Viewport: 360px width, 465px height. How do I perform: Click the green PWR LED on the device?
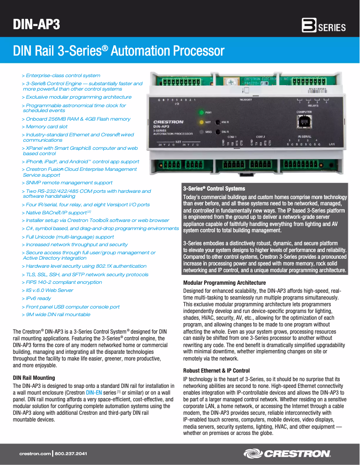[202, 112]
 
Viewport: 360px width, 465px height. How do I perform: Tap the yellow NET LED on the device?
[202, 122]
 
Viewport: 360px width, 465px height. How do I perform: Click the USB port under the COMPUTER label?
[304, 121]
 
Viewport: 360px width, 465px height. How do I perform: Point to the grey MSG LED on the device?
[202, 132]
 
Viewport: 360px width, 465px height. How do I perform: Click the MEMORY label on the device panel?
[246, 100]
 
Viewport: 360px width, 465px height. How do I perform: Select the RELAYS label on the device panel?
[313, 106]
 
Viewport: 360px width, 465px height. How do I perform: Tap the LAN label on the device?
[332, 144]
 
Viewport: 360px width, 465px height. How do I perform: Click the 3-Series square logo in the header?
[309, 26]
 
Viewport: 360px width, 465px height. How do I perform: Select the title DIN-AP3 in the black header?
[36, 24]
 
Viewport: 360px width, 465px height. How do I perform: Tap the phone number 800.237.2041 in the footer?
[71, 454]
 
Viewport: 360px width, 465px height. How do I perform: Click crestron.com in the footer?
[35, 454]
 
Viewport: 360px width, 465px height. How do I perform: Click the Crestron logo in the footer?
[287, 454]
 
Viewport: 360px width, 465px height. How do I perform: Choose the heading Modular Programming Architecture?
[224, 283]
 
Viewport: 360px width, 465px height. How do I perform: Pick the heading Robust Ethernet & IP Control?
[216, 371]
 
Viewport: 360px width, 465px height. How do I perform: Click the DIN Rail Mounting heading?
[34, 378]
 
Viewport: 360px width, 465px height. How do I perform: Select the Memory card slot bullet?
[46, 127]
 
